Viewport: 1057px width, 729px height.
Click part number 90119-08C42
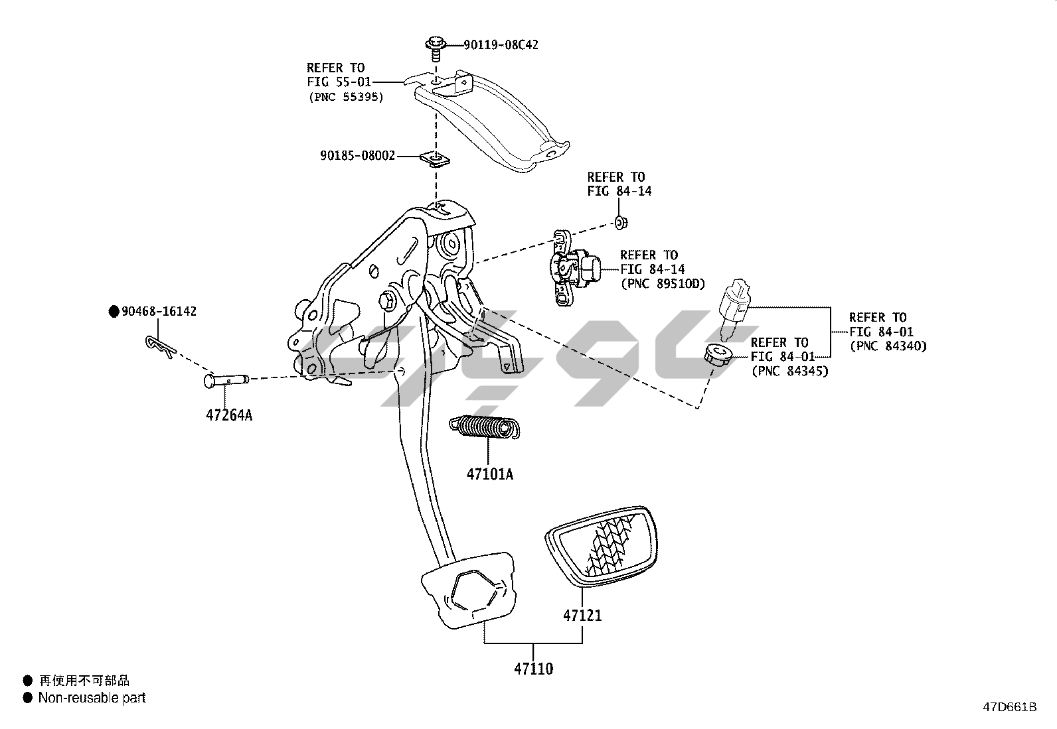point(501,45)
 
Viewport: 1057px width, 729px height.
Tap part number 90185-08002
point(357,156)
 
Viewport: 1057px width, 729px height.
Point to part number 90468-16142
point(159,311)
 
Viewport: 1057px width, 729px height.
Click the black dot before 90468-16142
point(114,311)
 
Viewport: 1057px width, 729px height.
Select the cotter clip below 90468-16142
point(159,345)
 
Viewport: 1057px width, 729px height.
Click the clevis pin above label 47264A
point(225,380)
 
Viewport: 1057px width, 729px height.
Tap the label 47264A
point(229,416)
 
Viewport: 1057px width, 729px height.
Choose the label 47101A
point(490,474)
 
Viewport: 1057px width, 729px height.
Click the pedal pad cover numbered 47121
point(602,545)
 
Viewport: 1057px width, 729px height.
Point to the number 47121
point(582,616)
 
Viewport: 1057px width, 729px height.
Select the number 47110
point(533,669)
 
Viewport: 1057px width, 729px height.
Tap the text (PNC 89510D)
point(662,284)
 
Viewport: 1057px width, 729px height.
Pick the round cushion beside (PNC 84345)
point(718,355)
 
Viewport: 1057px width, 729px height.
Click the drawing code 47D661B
point(1009,707)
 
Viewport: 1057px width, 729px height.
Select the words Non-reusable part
point(92,698)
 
